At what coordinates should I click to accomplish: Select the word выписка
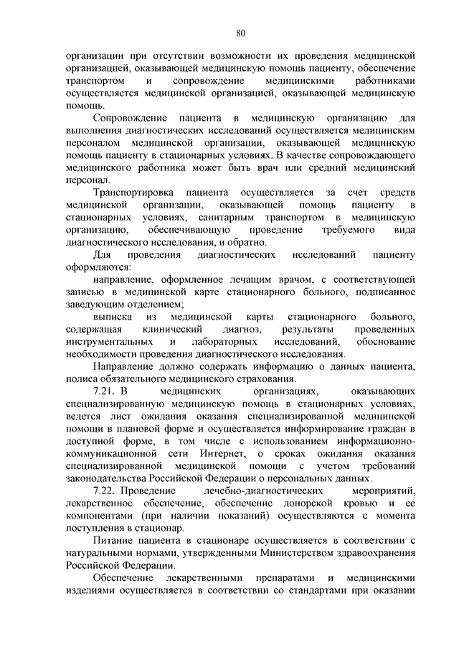(112, 316)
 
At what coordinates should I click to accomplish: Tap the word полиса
(78, 379)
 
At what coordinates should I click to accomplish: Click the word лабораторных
(225, 340)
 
